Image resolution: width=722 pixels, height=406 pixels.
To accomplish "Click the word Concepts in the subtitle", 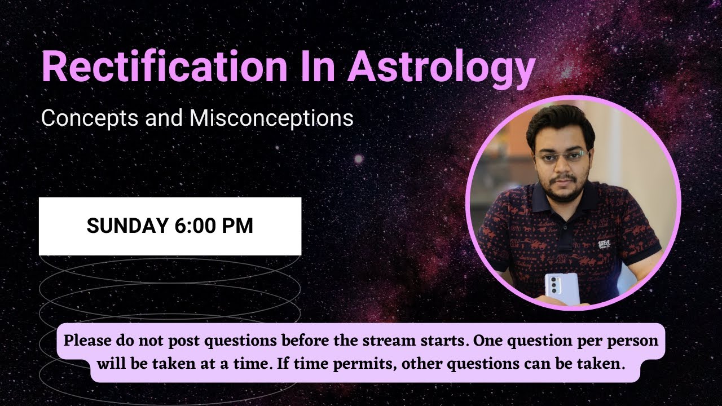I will (83, 118).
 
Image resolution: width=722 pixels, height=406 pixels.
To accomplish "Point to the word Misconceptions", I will (271, 118).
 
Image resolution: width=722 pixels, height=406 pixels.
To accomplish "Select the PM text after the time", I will (237, 226).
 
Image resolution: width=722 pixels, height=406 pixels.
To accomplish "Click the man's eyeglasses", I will (562, 155).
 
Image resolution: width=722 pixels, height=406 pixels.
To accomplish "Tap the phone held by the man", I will (561, 288).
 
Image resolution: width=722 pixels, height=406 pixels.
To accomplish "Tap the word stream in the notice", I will (426, 341).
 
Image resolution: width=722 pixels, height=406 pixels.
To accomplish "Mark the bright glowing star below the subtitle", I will (358, 160).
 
